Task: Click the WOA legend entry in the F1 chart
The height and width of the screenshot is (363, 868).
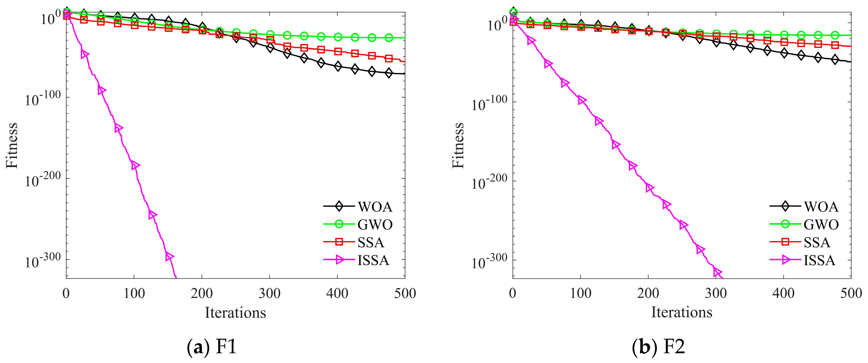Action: point(375,207)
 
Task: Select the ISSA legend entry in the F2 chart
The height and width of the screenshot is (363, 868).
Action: point(819,260)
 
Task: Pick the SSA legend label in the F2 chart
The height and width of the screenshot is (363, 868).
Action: point(816,242)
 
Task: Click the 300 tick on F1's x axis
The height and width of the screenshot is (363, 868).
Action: point(269,293)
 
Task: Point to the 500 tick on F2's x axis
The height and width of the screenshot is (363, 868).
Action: point(851,293)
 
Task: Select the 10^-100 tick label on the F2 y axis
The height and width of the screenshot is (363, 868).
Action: point(489,103)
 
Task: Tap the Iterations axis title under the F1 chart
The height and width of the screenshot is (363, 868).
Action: point(235,312)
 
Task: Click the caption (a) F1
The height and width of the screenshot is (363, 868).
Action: point(212,346)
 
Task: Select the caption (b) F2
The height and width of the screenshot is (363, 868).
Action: point(658,346)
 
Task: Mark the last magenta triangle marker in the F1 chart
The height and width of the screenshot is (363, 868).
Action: point(169,257)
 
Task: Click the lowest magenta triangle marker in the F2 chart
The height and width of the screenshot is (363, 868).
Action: point(717,272)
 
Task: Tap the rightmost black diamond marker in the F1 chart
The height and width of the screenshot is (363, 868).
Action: point(389,73)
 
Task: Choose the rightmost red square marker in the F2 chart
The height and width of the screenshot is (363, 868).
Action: point(835,45)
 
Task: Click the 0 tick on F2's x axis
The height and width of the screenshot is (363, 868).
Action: point(512,293)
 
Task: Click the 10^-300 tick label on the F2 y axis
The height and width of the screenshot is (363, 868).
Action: point(489,261)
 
